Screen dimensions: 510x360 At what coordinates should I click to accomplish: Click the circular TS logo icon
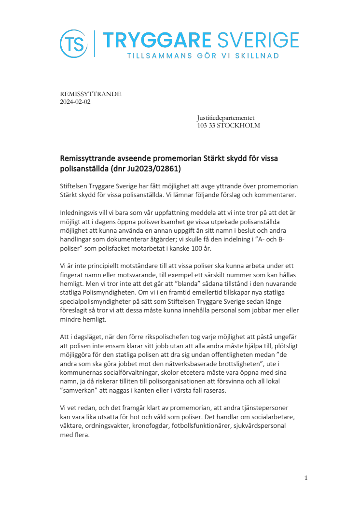tap(74, 43)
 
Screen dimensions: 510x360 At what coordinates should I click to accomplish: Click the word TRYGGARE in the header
tap(157, 40)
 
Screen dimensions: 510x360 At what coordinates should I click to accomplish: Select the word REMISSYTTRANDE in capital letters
tap(90, 94)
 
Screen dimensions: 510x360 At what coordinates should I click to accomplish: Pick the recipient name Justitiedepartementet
tap(225, 118)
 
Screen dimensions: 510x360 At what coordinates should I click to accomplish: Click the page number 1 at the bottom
tap(306, 478)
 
